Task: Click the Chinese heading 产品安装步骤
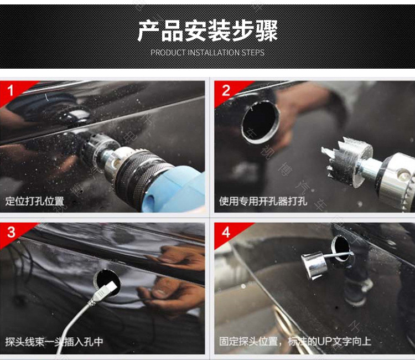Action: (x=207, y=30)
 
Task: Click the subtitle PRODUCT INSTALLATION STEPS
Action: (x=207, y=53)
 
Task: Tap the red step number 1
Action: (x=11, y=91)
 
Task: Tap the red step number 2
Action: (x=226, y=91)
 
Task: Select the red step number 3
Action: (x=11, y=232)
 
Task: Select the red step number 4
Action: (x=226, y=232)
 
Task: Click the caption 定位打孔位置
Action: (x=35, y=201)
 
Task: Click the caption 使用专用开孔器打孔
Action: (x=263, y=202)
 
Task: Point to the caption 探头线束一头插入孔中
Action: (x=54, y=342)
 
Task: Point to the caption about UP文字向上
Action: (x=295, y=341)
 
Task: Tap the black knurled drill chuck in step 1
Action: (x=139, y=173)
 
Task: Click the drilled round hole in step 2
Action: (x=261, y=122)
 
